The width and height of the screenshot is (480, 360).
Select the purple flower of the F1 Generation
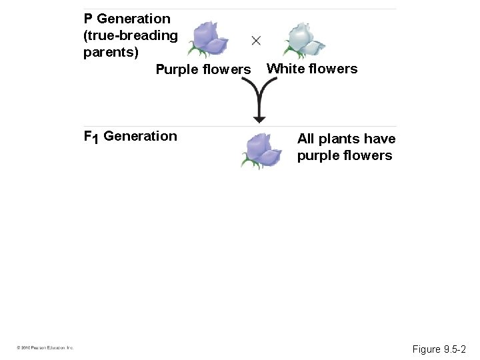[x=261, y=150]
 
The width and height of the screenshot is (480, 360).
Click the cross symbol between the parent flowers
[x=256, y=40]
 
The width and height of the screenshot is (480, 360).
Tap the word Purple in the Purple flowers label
[x=176, y=69]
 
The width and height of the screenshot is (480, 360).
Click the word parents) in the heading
[x=111, y=51]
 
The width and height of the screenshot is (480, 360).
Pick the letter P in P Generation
[x=88, y=19]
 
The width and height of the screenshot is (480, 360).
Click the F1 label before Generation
[x=91, y=137]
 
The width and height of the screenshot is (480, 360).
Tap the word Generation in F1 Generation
[x=141, y=137]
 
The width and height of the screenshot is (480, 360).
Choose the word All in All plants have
[x=305, y=139]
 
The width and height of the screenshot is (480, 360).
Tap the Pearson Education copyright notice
[x=45, y=348]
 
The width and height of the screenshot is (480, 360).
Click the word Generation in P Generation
[x=133, y=19]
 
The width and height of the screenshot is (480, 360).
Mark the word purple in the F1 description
[x=317, y=156]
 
